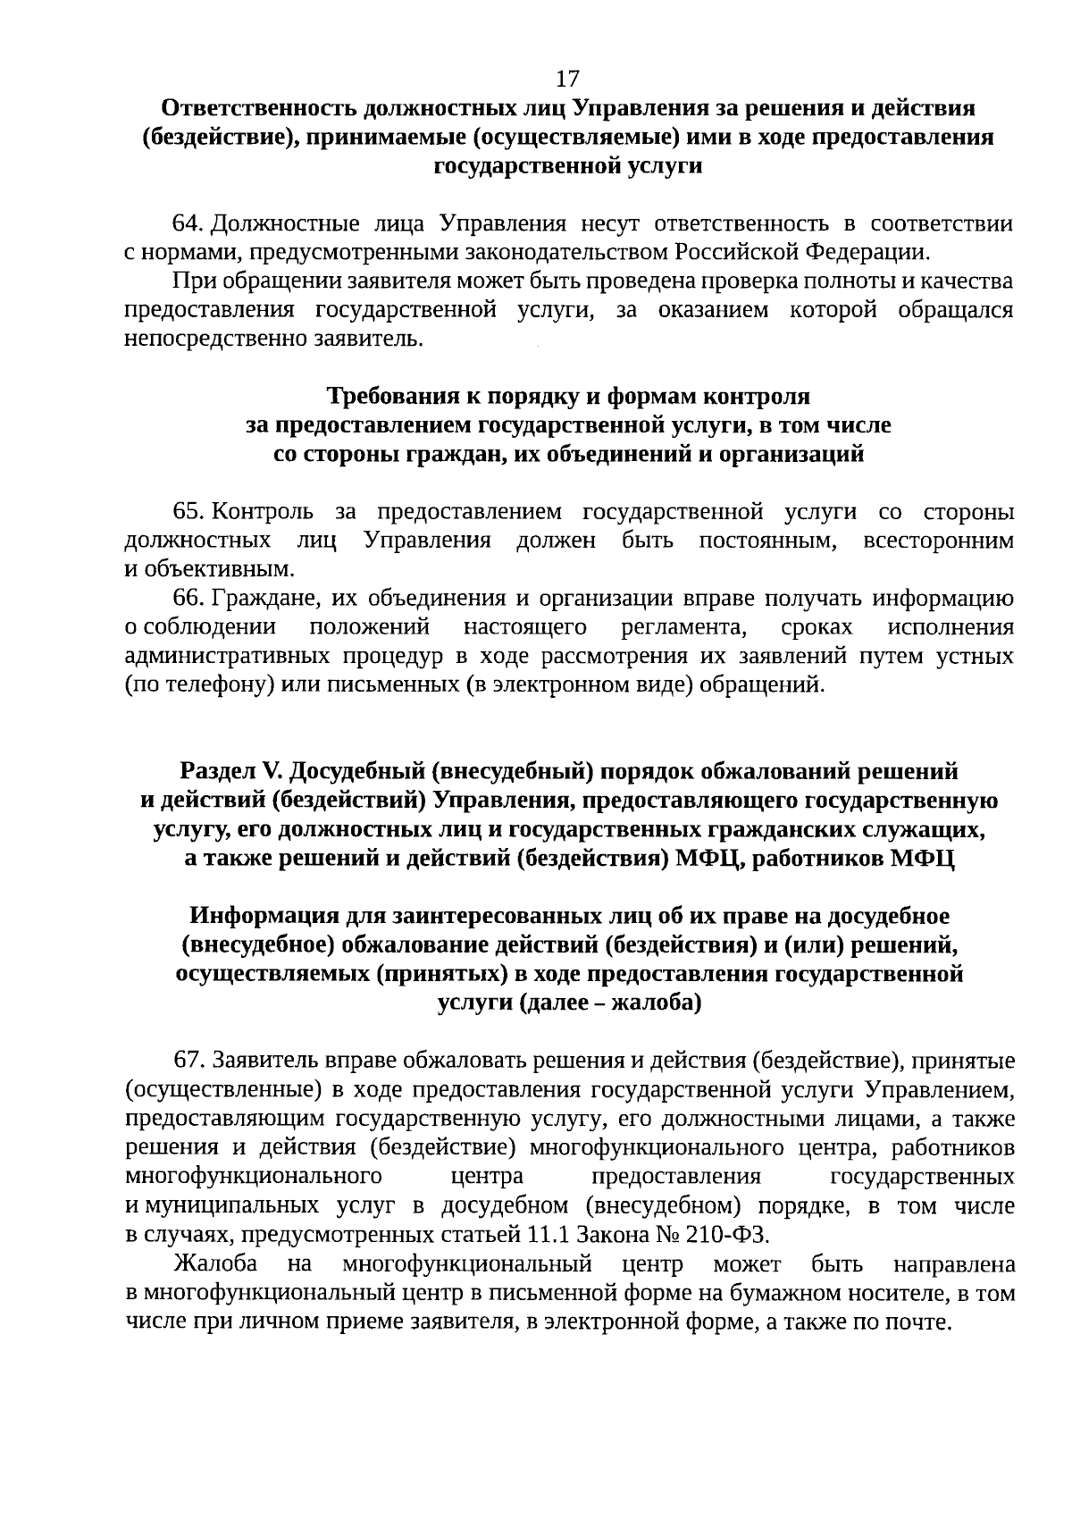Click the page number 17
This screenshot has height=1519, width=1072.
(x=567, y=79)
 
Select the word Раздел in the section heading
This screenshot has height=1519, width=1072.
(x=215, y=771)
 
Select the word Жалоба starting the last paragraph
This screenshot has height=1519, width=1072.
(x=215, y=1264)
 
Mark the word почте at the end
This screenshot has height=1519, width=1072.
(x=919, y=1322)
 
